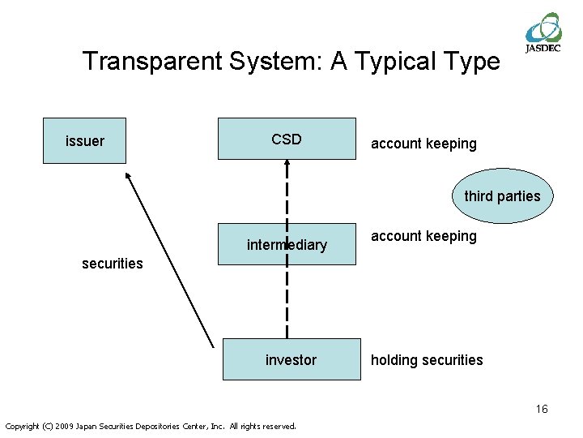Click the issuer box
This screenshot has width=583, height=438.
pyautogui.click(x=84, y=141)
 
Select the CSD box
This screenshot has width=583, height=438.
pyautogui.click(x=287, y=139)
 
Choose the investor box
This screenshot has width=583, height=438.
pyautogui.click(x=291, y=359)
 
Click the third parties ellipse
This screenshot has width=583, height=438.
pyautogui.click(x=502, y=195)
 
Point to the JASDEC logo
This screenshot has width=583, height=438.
pyautogui.click(x=543, y=32)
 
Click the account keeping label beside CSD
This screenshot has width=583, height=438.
pyautogui.click(x=423, y=144)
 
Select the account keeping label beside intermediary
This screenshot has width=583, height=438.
pyautogui.click(x=423, y=236)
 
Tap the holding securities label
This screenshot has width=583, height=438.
pyautogui.click(x=427, y=360)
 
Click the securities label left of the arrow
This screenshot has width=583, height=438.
pyautogui.click(x=113, y=263)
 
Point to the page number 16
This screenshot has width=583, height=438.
pyautogui.click(x=541, y=409)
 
